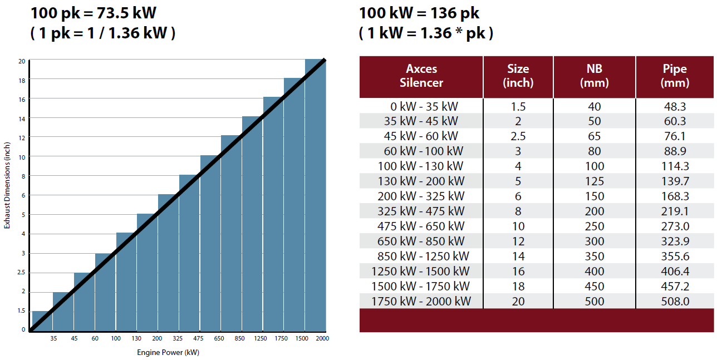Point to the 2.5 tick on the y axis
point(22,273)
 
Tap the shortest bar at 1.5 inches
point(42,321)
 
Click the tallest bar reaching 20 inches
point(315,195)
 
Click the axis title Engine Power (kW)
point(168,353)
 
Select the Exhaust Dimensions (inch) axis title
point(7,185)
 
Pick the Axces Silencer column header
point(421,76)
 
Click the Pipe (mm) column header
point(675,76)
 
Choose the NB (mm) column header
point(595,76)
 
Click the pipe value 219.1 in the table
point(675,211)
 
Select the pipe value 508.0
point(675,301)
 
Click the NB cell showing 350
point(595,256)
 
